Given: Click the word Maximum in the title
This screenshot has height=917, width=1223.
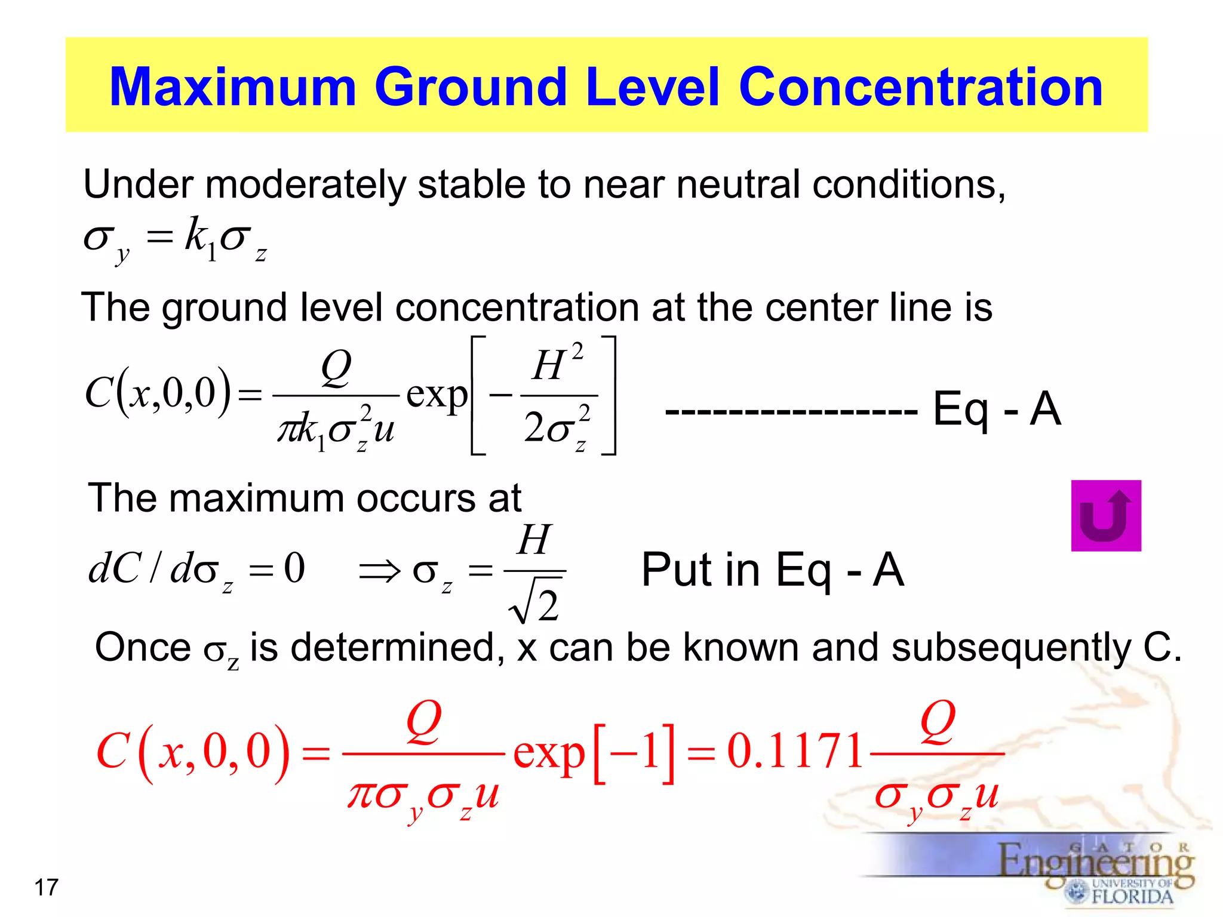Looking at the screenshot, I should pyautogui.click(x=233, y=87).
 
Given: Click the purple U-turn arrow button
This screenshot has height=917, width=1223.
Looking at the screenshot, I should pyautogui.click(x=1105, y=516).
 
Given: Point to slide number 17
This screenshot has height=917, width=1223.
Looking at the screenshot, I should pyautogui.click(x=47, y=888).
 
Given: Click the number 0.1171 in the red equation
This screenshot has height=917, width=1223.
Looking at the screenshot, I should pyautogui.click(x=795, y=751).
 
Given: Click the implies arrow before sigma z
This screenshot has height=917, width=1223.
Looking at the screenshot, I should pyautogui.click(x=379, y=571).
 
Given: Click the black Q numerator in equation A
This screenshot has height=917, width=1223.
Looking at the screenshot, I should pyautogui.click(x=336, y=367).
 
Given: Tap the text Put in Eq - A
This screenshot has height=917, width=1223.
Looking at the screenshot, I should pyautogui.click(x=772, y=570).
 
